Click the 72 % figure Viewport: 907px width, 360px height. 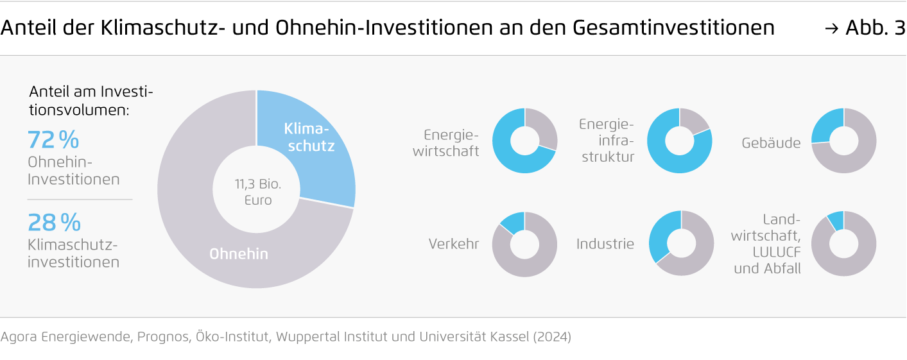click(x=53, y=140)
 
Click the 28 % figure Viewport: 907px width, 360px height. click(x=55, y=222)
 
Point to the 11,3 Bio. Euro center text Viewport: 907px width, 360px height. click(x=258, y=192)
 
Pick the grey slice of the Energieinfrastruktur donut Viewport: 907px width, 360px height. click(x=693, y=120)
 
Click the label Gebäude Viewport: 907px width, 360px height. click(x=771, y=143)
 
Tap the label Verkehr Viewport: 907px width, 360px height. click(x=453, y=244)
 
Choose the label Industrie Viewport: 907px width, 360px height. click(x=605, y=244)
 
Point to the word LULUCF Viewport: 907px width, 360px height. click(x=777, y=252)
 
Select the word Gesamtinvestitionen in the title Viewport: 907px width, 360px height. click(x=674, y=28)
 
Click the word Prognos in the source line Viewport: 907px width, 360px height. click(x=163, y=337)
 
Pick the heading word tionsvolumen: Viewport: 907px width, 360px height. click(x=79, y=110)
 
